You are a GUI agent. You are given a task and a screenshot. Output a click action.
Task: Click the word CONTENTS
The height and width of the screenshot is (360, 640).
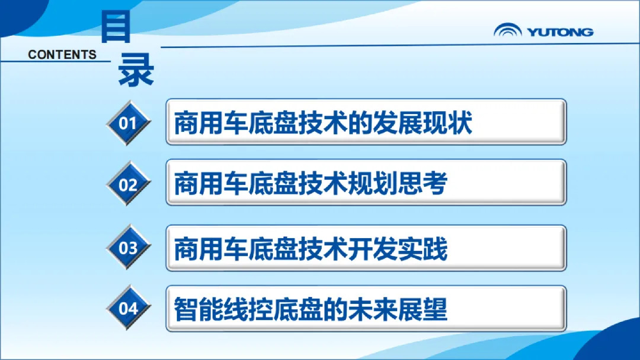pos(62,54)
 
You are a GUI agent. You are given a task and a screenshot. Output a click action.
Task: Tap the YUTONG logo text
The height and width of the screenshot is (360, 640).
pos(560,32)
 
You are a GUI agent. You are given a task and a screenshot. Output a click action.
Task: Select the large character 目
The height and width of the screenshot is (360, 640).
pos(116,27)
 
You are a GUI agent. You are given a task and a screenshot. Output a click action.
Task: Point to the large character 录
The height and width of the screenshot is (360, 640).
pos(136,70)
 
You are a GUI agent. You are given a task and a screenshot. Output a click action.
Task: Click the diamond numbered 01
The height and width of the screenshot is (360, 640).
pos(128,123)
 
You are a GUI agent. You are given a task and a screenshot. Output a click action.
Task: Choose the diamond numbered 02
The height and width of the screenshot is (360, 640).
pos(128,184)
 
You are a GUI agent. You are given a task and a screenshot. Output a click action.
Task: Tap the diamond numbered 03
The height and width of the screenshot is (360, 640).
pos(128,247)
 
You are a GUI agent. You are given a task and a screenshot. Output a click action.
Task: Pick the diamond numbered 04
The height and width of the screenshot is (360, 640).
pos(128,308)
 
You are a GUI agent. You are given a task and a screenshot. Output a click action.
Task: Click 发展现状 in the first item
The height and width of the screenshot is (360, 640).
pos(423,123)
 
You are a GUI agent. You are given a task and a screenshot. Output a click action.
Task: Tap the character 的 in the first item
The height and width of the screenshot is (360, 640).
pos(361,123)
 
